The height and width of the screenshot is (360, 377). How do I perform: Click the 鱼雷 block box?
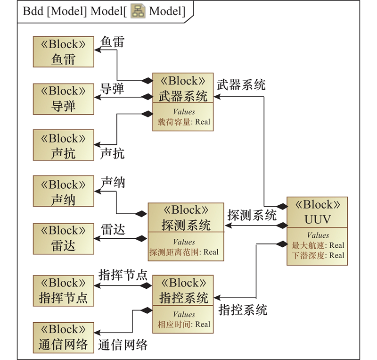(63, 51)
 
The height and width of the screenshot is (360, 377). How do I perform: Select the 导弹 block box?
(63, 99)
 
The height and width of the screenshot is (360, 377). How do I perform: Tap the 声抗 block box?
(63, 146)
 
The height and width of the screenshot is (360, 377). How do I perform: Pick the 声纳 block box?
(63, 192)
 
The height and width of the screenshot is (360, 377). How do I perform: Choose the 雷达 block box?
(63, 238)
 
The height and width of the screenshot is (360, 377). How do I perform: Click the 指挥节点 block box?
(63, 291)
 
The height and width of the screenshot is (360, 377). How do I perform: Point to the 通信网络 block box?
(63, 337)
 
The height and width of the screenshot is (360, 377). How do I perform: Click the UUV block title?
(317, 212)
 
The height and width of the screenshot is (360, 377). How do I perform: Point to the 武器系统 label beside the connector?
(241, 85)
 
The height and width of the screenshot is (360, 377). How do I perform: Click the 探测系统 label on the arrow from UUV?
(252, 216)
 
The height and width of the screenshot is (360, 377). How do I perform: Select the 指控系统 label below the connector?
(243, 310)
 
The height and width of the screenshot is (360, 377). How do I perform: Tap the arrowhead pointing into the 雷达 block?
(97, 238)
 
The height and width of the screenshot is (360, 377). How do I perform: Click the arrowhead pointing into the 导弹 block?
(97, 97)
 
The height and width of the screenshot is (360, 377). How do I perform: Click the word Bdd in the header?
(33, 11)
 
